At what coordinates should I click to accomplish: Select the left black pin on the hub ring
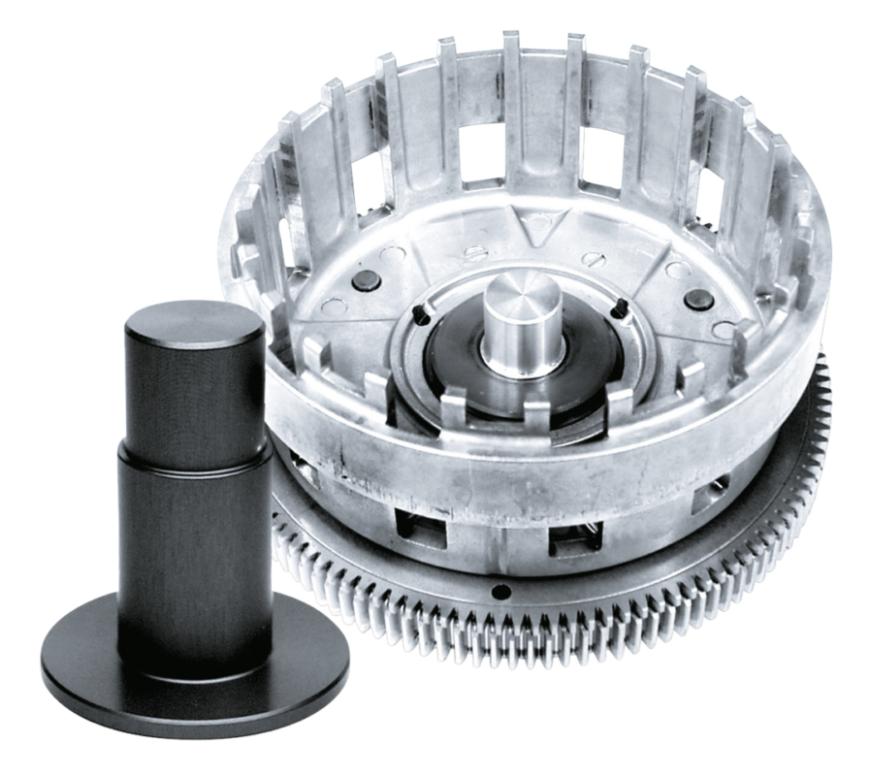point(419,312)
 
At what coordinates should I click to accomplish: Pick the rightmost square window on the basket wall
point(706,500)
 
